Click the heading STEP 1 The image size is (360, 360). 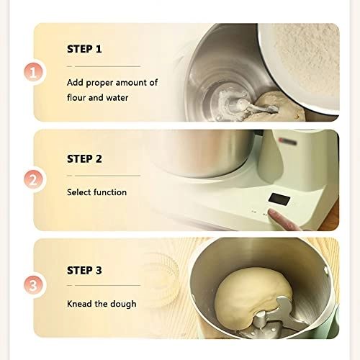tap(84, 49)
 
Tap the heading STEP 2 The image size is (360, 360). tap(84, 159)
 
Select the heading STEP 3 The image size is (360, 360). tap(84, 271)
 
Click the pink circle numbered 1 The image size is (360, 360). tap(33, 73)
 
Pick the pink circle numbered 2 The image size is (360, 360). tap(33, 179)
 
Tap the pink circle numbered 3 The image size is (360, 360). tap(33, 286)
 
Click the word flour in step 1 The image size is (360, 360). tap(76, 97)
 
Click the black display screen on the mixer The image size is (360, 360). tap(279, 199)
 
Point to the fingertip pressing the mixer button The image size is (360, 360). tap(272, 212)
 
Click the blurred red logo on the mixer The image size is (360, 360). tap(287, 141)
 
